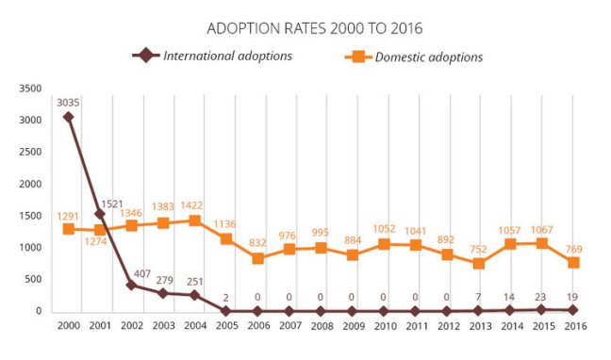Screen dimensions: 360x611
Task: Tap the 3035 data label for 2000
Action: pos(68,102)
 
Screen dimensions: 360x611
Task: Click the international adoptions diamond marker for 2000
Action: pos(68,118)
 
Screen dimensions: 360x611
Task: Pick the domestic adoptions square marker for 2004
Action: pos(194,221)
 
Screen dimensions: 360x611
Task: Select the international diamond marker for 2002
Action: pos(131,285)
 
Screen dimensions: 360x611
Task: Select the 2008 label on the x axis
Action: pos(320,327)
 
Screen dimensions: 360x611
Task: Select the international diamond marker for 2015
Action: pos(540,309)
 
